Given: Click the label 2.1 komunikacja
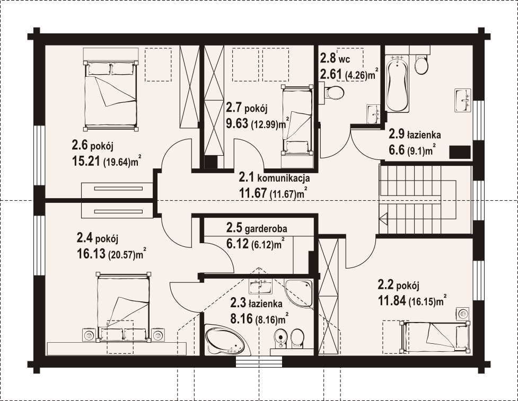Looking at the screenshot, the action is coord(275,178).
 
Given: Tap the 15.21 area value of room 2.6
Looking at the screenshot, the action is coord(86,162).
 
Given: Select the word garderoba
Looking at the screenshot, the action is coord(266,228).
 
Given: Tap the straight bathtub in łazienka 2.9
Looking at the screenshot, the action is coord(397,84).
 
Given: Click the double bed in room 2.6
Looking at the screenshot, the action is coord(111,89).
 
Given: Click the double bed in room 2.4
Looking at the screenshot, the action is coord(123,307).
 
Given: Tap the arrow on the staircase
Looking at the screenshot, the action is coord(383,218).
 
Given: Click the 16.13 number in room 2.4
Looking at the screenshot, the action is coord(91,254).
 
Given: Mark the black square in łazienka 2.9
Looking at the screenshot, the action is coord(460,152).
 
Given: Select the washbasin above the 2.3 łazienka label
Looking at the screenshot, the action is coord(260,286).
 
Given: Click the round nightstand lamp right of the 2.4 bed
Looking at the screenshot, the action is coord(158,335).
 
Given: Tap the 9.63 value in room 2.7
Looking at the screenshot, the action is coord(237,123).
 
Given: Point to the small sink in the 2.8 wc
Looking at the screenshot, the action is coord(373,114).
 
